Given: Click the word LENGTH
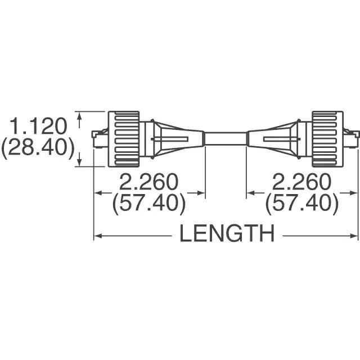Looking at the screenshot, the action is point(227,233).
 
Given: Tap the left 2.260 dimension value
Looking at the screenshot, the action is point(148,182).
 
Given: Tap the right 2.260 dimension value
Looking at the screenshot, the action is point(301,182).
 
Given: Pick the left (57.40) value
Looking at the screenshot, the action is point(148,204).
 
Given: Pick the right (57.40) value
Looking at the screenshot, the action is point(301,204).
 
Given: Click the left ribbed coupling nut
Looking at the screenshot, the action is point(124,138).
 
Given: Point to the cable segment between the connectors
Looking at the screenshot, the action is point(226,138).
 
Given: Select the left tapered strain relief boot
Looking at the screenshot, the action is point(174,138).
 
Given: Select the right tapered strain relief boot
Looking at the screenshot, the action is point(276,138).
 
